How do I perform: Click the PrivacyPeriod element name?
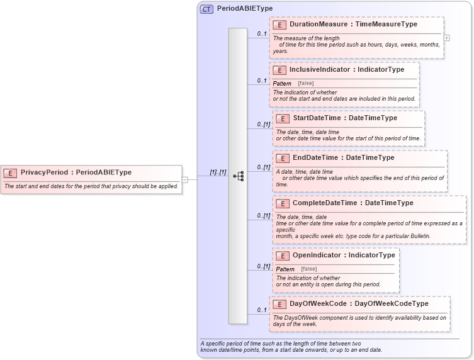tap(45, 172)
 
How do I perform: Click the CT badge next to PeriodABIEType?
tap(206, 9)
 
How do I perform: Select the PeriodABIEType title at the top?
tap(245, 9)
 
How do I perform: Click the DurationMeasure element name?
tap(318, 24)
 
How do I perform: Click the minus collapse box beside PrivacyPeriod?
tap(184, 179)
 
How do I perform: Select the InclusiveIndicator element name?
tap(319, 70)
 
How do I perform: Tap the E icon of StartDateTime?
tap(283, 118)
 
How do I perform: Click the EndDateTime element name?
tap(317, 157)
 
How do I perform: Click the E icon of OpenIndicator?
tap(283, 256)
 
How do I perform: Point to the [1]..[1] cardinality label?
tap(218, 172)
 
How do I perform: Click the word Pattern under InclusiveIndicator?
tap(282, 84)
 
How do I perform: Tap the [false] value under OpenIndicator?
tap(308, 269)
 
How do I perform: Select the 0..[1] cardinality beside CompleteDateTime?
tap(263, 216)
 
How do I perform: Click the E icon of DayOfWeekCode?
tap(279, 304)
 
